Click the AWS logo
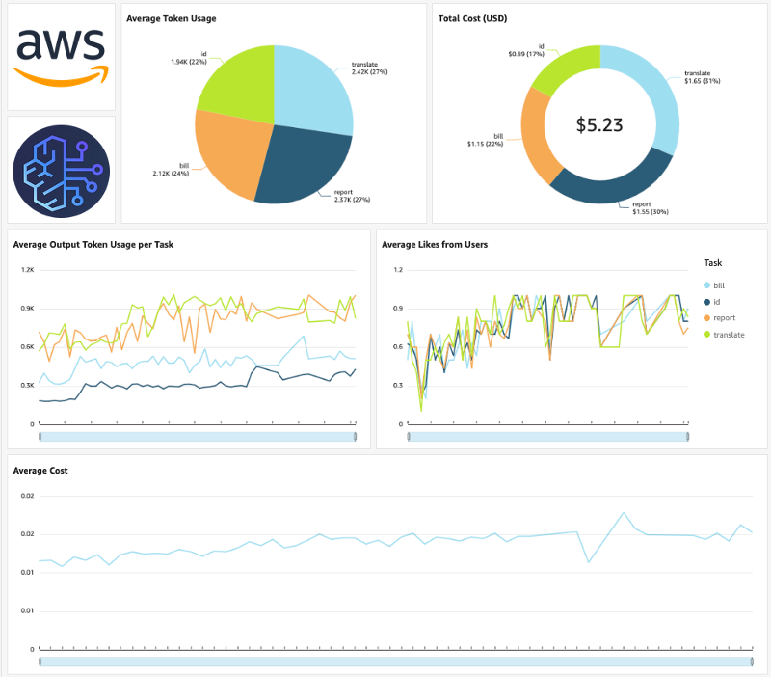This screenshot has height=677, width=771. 61,56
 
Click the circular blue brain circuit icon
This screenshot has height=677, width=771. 61,169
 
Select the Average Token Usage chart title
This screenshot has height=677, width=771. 172,18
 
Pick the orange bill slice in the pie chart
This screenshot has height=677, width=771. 226,154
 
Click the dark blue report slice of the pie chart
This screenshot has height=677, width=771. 299,164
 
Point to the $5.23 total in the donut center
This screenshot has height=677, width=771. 599,124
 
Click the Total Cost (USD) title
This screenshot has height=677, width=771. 472,18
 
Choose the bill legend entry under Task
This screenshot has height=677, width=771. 719,285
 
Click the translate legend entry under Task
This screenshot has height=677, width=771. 729,334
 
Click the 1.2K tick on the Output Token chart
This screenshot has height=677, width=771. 27,270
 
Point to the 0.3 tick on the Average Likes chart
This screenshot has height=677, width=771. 398,385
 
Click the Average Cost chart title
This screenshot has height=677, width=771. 40,471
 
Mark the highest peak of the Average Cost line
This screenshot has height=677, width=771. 624,513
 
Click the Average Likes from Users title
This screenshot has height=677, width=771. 435,245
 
